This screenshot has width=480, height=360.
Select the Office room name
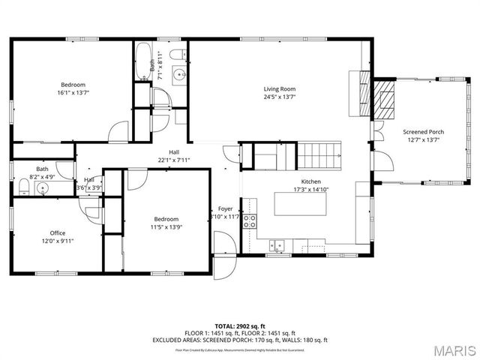(x=58, y=232)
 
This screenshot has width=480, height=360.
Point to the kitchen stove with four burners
(x=250, y=220)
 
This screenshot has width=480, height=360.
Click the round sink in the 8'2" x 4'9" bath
(x=43, y=189)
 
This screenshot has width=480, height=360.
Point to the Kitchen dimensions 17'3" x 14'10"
(x=311, y=190)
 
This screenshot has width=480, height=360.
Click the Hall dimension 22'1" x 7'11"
(x=174, y=160)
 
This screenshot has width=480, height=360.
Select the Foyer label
(x=225, y=208)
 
